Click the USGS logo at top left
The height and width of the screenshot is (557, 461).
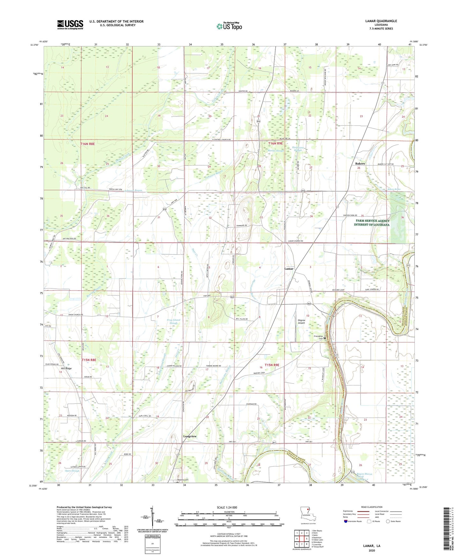[70, 25]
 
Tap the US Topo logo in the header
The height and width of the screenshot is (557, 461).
[229, 26]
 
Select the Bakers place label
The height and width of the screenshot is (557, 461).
[360, 163]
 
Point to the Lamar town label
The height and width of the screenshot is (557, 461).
[289, 269]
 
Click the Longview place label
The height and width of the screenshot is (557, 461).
[190, 436]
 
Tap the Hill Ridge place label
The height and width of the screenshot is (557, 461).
[66, 368]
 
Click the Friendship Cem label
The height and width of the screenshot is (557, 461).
[318, 338]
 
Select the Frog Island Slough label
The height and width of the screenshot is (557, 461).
[173, 321]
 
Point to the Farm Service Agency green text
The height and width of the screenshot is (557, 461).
[371, 223]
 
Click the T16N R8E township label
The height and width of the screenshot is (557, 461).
[87, 144]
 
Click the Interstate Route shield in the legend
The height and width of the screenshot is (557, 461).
[346, 521]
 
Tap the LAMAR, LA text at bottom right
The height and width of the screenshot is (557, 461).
[372, 546]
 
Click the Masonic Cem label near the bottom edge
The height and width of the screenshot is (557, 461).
[183, 480]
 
